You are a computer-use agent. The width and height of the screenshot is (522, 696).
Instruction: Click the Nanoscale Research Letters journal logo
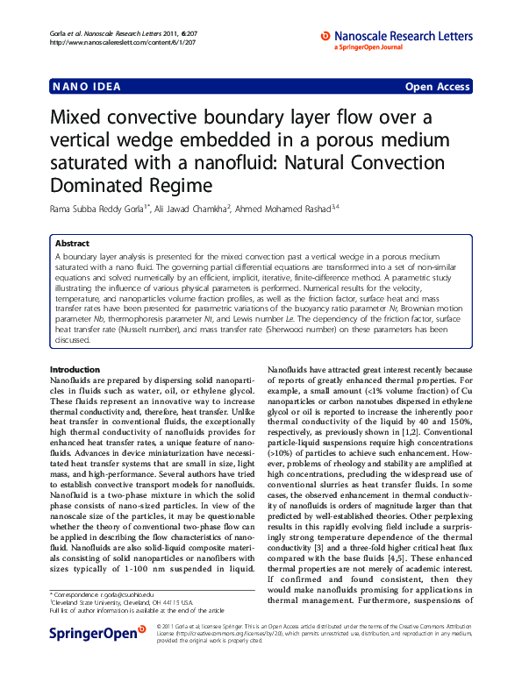(x=397, y=36)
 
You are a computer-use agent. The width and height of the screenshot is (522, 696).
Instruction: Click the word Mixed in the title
(x=77, y=118)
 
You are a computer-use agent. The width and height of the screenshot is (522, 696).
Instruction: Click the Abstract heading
(x=72, y=243)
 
